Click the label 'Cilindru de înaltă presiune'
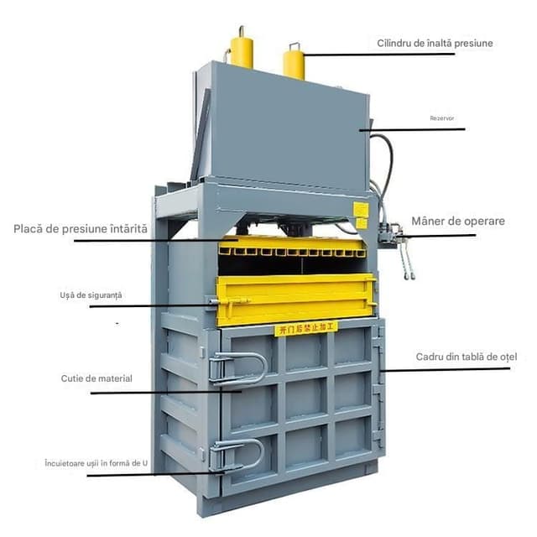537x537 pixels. tap(434, 43)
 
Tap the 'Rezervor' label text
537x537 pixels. tap(442, 118)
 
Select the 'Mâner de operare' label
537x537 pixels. tap(457, 222)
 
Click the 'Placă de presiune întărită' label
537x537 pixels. tap(81, 228)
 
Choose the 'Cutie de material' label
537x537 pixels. tap(96, 378)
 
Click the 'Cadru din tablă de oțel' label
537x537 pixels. tap(467, 357)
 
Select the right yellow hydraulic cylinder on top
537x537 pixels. tap(294, 61)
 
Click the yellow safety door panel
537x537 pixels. tap(294, 299)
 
